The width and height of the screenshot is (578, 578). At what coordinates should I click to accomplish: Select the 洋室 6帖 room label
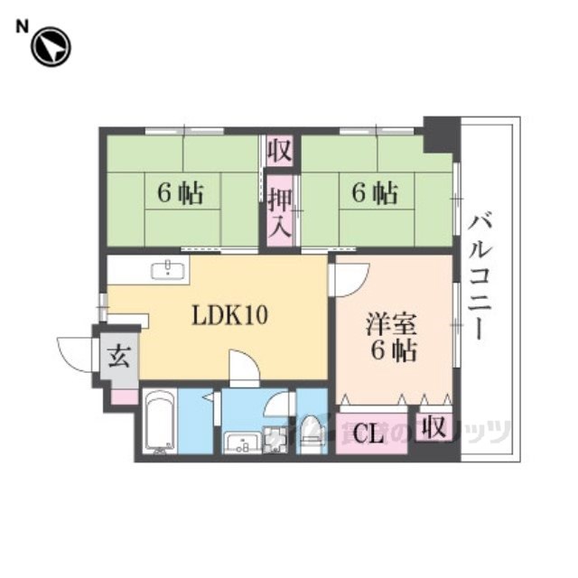391,337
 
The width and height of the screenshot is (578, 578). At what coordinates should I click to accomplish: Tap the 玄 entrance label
118,357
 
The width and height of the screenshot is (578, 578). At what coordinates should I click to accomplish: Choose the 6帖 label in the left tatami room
180,192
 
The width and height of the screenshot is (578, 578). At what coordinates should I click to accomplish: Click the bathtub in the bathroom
161,422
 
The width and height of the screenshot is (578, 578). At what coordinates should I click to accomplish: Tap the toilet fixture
312,431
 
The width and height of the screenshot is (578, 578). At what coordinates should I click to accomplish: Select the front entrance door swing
74,350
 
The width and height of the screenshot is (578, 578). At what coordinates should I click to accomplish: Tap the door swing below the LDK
244,368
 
